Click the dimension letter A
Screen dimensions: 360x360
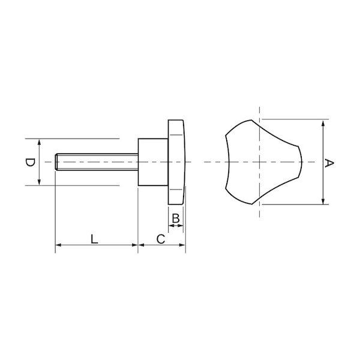[x=329, y=163]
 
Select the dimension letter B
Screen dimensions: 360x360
[x=176, y=218]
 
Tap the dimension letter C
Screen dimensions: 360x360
[x=161, y=239]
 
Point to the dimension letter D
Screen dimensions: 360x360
[x=30, y=163]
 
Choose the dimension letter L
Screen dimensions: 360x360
[x=94, y=239]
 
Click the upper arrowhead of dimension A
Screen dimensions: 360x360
[x=323, y=124]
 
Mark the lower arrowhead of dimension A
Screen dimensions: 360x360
[x=323, y=200]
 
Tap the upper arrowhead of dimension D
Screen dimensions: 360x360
[x=39, y=142]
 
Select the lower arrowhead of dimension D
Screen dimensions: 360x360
[x=39, y=182]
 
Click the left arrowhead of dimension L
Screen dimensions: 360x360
[x=59, y=245]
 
